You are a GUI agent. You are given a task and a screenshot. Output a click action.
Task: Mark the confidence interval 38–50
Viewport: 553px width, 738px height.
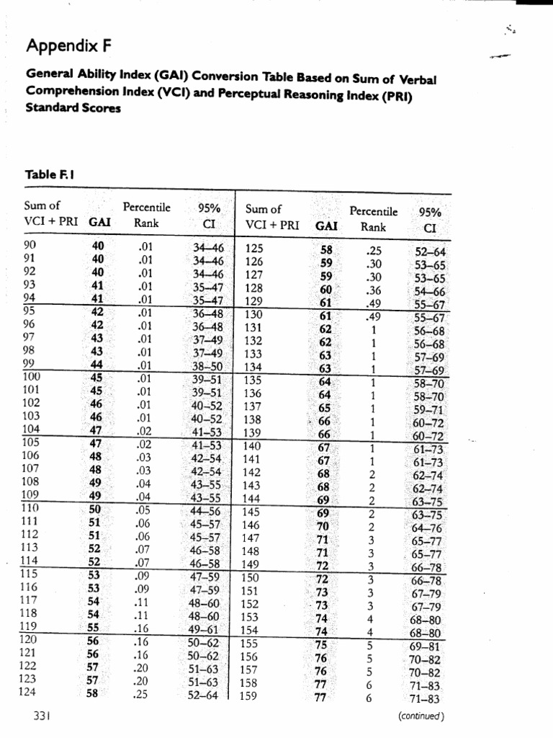tap(207, 365)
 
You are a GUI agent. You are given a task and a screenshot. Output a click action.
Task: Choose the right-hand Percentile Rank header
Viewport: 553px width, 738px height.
tap(372, 219)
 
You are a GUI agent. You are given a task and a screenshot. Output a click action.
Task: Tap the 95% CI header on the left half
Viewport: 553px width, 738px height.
tap(208, 215)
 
